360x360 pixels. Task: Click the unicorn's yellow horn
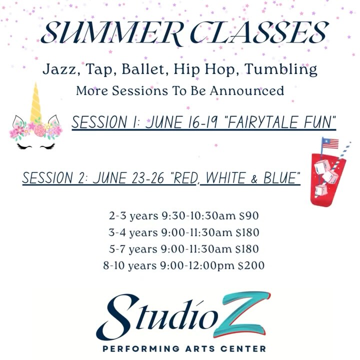click(x=35, y=102)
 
